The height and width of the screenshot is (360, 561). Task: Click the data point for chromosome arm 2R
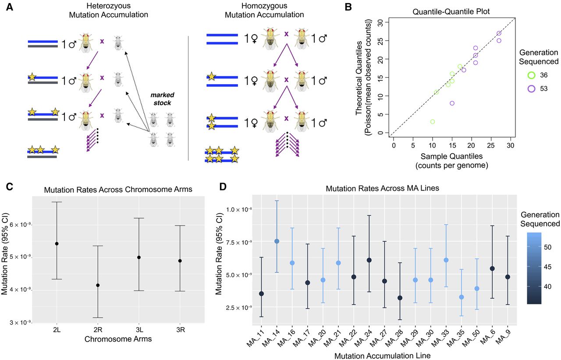98,285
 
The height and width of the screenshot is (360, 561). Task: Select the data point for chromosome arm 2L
57,244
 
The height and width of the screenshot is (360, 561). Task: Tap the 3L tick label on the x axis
139,330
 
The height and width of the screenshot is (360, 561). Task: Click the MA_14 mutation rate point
277,241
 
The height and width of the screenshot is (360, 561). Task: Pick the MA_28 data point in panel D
400,298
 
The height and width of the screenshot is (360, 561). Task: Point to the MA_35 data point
462,297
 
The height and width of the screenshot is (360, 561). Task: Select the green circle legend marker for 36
532,75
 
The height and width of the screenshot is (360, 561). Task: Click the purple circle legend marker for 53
532,88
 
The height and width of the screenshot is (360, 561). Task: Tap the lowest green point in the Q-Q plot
433,122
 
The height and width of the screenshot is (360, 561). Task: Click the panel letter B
348,7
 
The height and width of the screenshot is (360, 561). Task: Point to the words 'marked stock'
162,99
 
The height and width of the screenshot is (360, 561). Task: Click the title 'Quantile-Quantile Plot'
451,11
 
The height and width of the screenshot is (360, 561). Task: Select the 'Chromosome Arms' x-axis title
118,339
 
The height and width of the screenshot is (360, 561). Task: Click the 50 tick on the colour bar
547,247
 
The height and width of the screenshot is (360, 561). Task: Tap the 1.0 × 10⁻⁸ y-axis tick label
237,209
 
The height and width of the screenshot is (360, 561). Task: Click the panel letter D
223,187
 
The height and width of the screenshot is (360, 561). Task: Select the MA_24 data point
369,260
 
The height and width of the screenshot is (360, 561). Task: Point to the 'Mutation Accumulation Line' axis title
382,356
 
